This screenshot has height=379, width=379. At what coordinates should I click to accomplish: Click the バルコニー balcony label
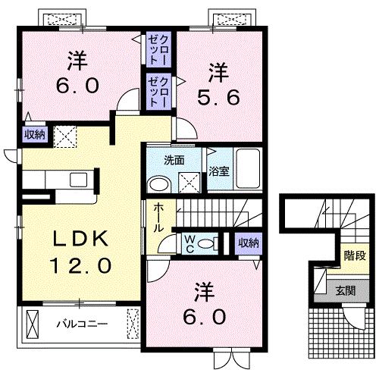click(82, 324)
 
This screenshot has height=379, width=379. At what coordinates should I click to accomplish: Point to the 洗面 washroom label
click(174, 160)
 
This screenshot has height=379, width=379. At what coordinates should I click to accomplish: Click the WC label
click(189, 244)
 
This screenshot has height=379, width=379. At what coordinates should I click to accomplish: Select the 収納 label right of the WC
click(248, 243)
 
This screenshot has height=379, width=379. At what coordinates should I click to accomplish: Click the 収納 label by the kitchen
click(33, 135)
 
